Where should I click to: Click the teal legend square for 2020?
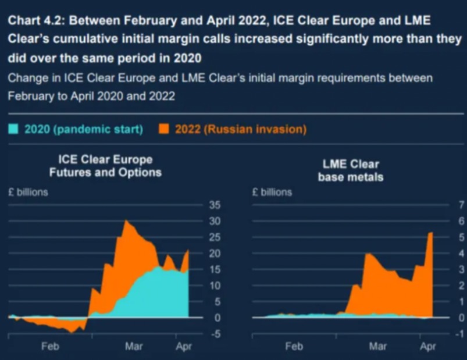13,129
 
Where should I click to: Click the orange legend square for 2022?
165,129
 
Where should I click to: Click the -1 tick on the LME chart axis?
459,334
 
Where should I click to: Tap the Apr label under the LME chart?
427,347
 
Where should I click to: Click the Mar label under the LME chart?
378,347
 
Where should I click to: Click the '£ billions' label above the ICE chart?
28,192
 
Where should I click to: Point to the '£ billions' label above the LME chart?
272,192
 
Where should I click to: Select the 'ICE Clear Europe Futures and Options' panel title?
105,166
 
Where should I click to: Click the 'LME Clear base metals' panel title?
350,170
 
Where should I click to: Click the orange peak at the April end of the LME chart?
431,233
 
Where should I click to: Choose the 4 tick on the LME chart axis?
461,254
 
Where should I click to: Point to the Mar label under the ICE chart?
134,347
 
